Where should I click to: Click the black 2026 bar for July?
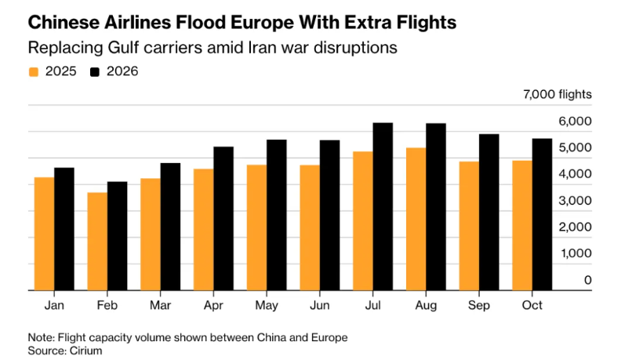pyautogui.click(x=383, y=206)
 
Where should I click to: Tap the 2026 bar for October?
pyautogui.click(x=542, y=214)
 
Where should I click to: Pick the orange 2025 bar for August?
pyautogui.click(x=415, y=219)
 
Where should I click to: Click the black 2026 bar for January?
pyautogui.click(x=64, y=228)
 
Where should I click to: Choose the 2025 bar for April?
pyautogui.click(x=203, y=229)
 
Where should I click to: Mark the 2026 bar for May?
pyautogui.click(x=277, y=215)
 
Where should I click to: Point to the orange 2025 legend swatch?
pyautogui.click(x=33, y=72)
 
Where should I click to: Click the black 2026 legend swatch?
pyautogui.click(x=95, y=72)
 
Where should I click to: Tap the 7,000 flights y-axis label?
pyautogui.click(x=558, y=95)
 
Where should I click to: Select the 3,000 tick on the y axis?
pyautogui.click(x=576, y=200)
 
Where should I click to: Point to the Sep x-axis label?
pyautogui.click(x=478, y=304)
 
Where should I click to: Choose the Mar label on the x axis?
pyautogui.click(x=160, y=304)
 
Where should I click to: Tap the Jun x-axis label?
pyautogui.click(x=319, y=304)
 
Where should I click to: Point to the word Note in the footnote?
pyautogui.click(x=39, y=336)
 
